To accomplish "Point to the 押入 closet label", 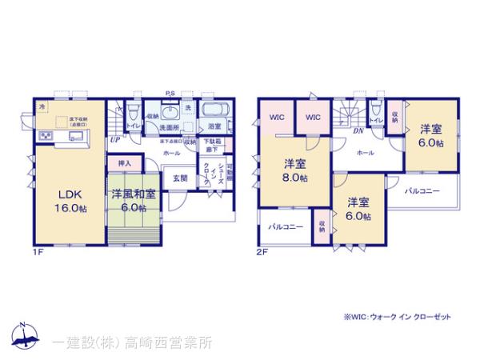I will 124,162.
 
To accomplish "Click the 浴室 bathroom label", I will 214,126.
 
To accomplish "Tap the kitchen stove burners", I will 44,136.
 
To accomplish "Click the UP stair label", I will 115,138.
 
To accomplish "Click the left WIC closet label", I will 277,118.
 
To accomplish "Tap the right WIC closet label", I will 313,118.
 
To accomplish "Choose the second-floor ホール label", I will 366,152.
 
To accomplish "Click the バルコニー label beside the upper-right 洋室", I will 422,191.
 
